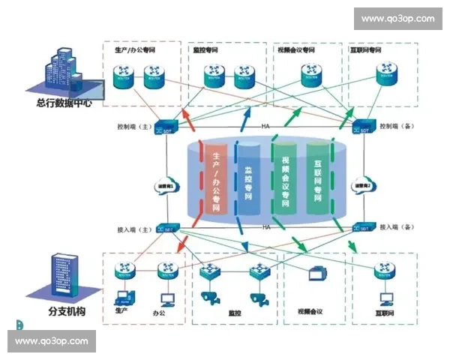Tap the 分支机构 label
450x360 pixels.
(63, 310)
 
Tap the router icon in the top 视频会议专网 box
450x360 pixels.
(312, 73)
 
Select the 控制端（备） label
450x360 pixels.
(397, 127)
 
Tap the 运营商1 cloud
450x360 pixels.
(165, 186)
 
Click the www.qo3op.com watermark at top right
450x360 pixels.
(397, 19)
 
